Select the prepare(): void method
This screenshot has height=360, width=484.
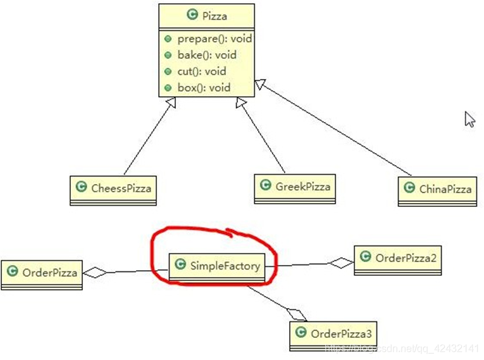point(214,39)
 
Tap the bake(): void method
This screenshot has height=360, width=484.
point(207,55)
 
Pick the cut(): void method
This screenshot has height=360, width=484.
point(201,71)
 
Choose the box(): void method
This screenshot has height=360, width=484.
point(204,88)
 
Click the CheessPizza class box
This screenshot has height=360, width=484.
point(113,188)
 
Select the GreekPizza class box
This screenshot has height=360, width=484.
point(294,187)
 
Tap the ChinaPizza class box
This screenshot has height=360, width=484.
point(437,189)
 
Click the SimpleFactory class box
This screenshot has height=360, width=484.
point(216,266)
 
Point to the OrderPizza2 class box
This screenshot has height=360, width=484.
point(397,258)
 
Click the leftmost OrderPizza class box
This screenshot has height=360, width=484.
point(41,273)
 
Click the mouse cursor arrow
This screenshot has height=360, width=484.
point(469,119)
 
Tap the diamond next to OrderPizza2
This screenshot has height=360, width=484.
point(342,263)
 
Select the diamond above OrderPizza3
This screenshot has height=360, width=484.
point(295,313)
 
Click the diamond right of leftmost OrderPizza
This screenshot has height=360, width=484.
point(95,273)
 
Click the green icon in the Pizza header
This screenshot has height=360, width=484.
point(192,16)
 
